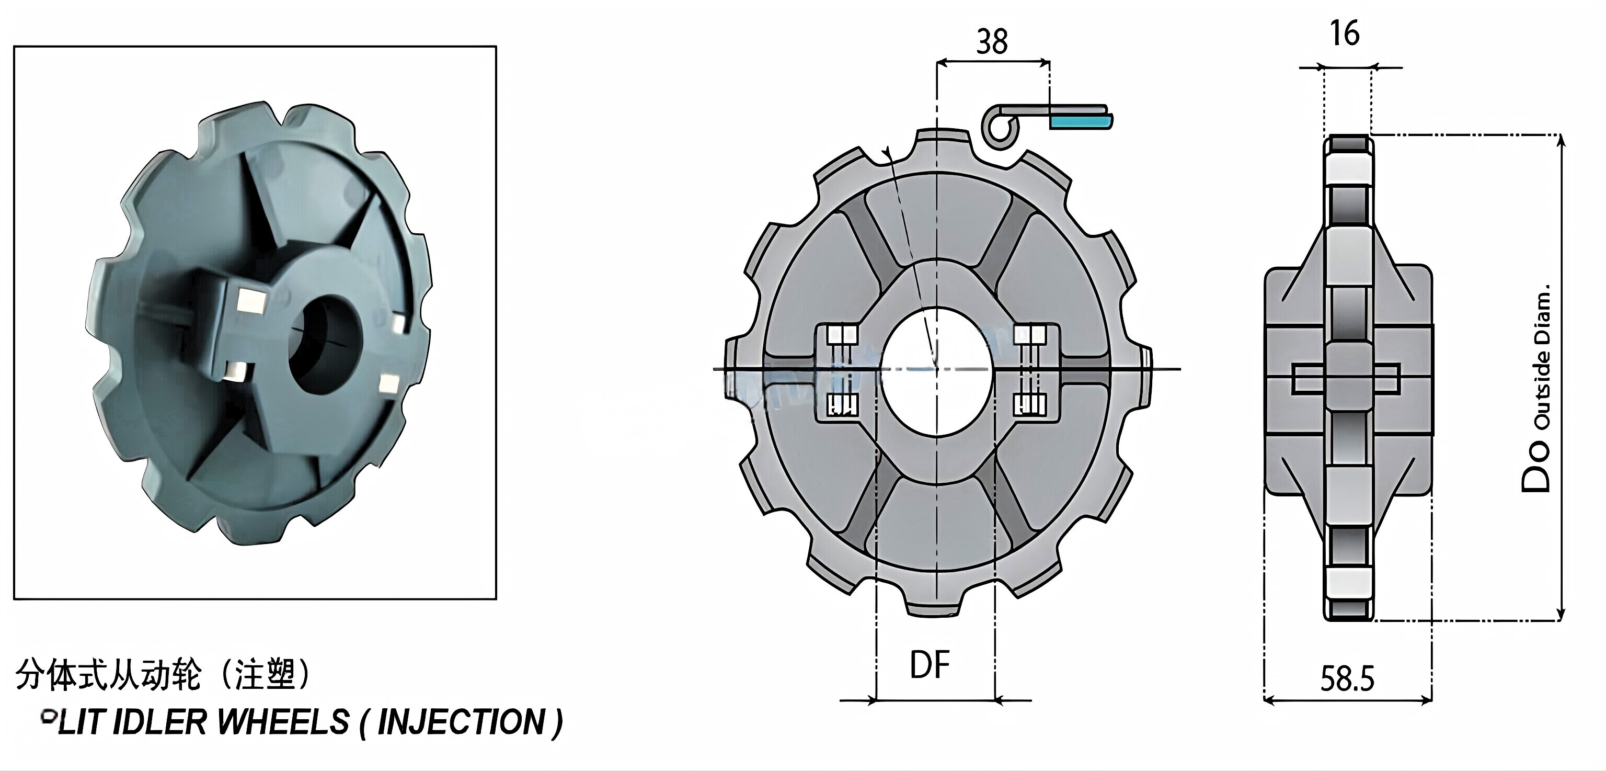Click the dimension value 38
pyautogui.click(x=991, y=42)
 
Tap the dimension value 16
pyautogui.click(x=1344, y=33)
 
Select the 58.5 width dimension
pyautogui.click(x=1347, y=679)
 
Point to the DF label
pyautogui.click(x=930, y=665)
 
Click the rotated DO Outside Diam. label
pyautogui.click(x=1538, y=387)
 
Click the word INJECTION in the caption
pyautogui.click(x=461, y=722)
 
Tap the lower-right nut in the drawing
pyautogui.click(x=1029, y=404)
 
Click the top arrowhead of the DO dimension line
pyautogui.click(x=1561, y=140)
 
